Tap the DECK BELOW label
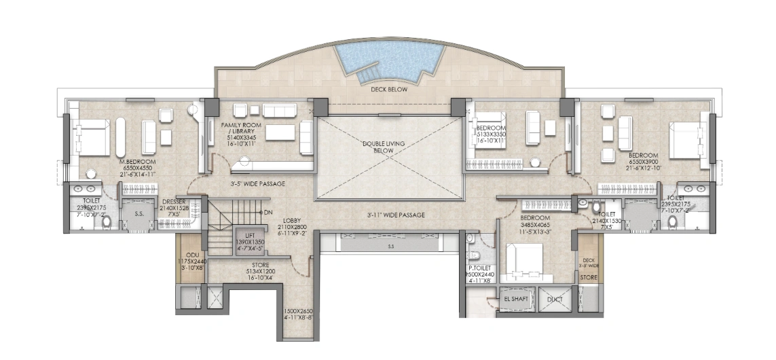(388, 89)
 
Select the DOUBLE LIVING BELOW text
(389, 147)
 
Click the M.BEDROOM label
(138, 162)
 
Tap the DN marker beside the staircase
(268, 213)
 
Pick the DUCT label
(555, 298)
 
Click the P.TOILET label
(480, 268)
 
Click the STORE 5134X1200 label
(261, 265)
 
